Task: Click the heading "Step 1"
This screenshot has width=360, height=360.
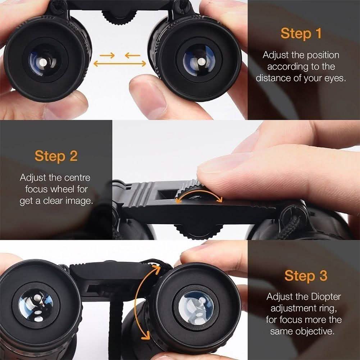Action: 301,33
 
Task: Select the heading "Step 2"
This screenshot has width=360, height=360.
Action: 56,156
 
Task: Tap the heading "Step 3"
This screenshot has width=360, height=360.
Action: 306,275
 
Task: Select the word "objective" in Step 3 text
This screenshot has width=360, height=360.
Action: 313,331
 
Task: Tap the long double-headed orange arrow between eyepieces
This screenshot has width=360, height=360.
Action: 120,64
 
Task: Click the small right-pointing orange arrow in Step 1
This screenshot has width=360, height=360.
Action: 107,55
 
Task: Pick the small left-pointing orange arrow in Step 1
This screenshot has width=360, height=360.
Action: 133,55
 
